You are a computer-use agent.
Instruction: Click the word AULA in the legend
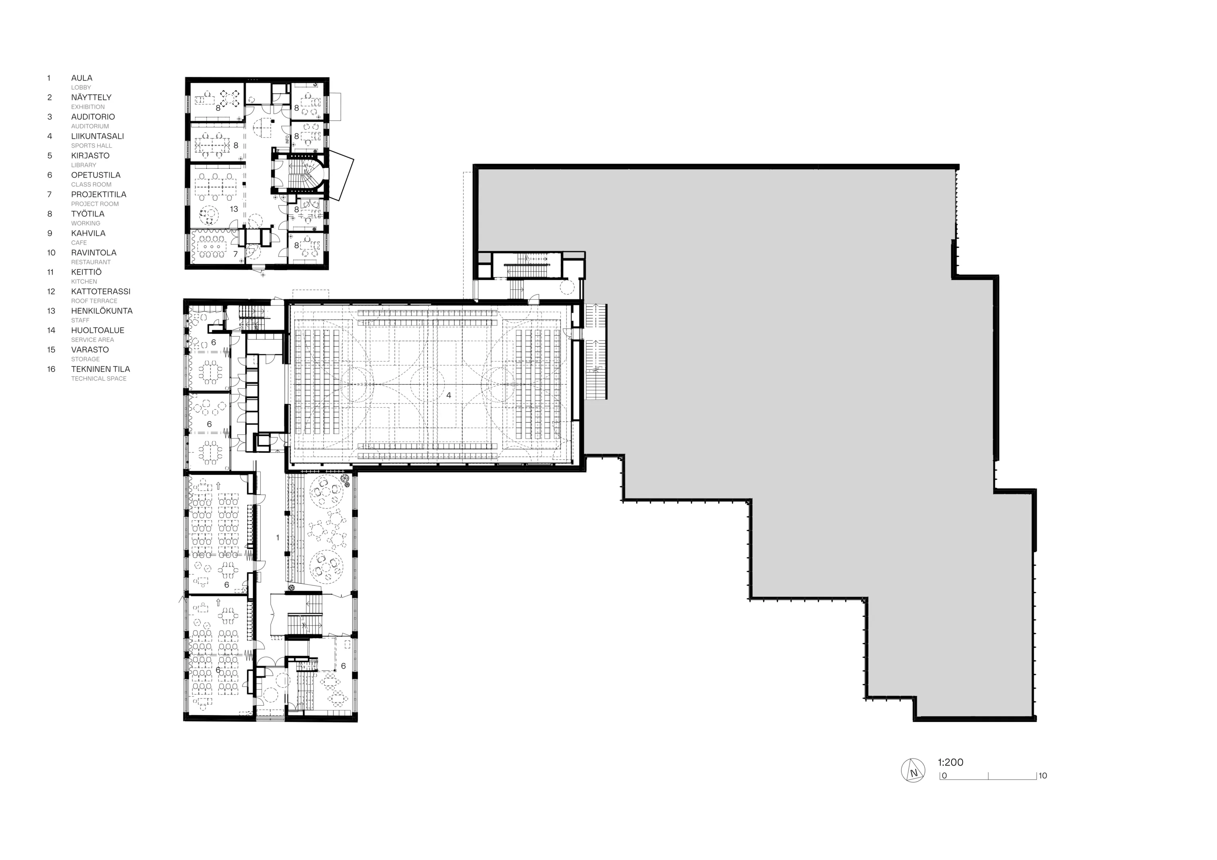click(82, 78)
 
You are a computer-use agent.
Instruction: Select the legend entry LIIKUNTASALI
click(97, 136)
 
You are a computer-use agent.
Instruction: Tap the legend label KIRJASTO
click(90, 156)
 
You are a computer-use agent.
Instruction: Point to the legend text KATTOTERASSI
click(101, 291)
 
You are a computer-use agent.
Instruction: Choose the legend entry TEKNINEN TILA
click(100, 369)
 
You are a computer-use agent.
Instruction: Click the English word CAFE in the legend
click(79, 243)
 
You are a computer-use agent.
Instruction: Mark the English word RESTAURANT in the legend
click(91, 262)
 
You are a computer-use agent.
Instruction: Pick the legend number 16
click(51, 369)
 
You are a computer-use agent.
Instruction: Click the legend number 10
click(51, 253)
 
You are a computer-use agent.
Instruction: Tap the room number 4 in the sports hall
click(449, 395)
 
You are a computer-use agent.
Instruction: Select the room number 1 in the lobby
click(278, 538)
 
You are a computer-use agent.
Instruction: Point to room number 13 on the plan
click(234, 209)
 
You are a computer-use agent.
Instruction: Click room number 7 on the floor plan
click(235, 254)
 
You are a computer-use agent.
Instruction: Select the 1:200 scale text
click(950, 763)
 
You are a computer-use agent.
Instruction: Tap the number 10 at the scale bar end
click(1043, 776)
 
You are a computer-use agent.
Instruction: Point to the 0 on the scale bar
click(944, 776)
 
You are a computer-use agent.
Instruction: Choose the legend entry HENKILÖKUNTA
click(102, 311)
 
